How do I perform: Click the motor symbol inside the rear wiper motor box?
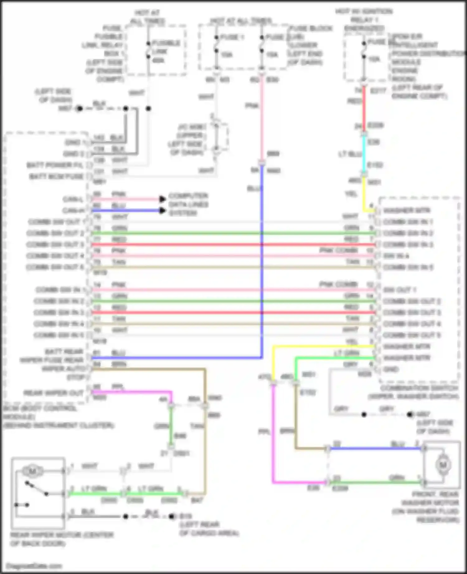tap(32, 471)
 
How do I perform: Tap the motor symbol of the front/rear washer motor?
tap(443, 465)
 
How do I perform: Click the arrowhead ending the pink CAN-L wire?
tap(162, 199)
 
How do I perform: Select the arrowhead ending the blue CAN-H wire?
tap(162, 211)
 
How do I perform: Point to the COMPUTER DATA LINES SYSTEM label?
tap(188, 204)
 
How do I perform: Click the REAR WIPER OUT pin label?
tap(54, 393)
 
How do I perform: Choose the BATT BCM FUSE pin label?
tap(56, 177)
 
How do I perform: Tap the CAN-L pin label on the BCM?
tap(73, 199)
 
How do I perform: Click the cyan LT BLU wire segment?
tap(364, 154)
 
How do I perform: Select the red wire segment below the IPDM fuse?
tap(364, 107)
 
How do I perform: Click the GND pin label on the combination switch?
tap(391, 369)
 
